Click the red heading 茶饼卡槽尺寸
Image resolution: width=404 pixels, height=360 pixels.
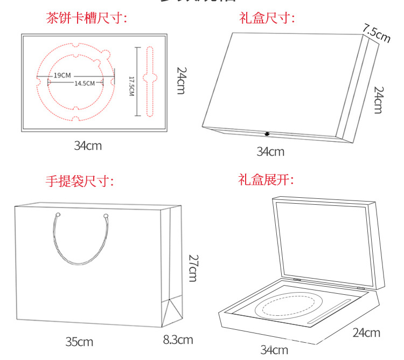(x=86, y=19)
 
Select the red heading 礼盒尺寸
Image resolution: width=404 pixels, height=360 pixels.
(x=267, y=19)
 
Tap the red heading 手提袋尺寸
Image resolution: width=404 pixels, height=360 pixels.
(x=80, y=181)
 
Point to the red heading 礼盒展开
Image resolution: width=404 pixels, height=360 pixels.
(x=266, y=180)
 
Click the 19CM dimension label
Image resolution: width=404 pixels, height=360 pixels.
(x=62, y=75)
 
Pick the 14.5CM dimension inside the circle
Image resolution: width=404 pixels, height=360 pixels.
(x=85, y=83)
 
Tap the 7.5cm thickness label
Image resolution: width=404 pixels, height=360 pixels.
(x=376, y=33)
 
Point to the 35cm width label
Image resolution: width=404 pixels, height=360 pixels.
(x=79, y=342)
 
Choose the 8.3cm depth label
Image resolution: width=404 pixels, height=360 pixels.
(x=178, y=340)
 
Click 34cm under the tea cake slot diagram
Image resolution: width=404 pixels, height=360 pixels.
(x=88, y=145)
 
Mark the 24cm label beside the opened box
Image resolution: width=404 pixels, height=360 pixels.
(x=366, y=333)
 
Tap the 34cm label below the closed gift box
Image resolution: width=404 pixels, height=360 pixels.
(x=270, y=151)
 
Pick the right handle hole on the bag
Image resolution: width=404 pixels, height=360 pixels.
(x=106, y=216)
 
